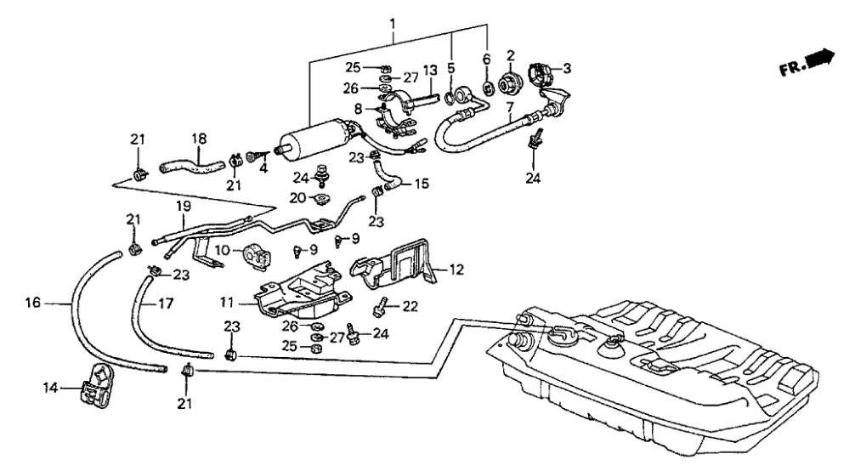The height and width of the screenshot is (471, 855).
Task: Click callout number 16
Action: coord(32,302)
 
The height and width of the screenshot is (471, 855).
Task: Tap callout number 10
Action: coord(221,250)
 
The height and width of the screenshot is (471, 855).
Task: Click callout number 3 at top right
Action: coord(562,67)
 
